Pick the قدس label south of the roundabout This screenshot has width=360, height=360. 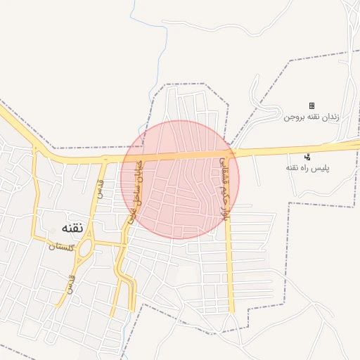(x=70, y=283)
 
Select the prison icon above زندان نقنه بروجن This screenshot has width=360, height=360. (x=312, y=105)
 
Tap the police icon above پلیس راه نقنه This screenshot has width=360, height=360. (x=308, y=157)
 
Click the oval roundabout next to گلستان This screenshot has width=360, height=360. (x=86, y=248)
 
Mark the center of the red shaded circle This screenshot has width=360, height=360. (x=180, y=179)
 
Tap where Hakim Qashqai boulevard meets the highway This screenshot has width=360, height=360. (x=229, y=153)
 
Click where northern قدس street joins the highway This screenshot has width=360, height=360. (x=105, y=160)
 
